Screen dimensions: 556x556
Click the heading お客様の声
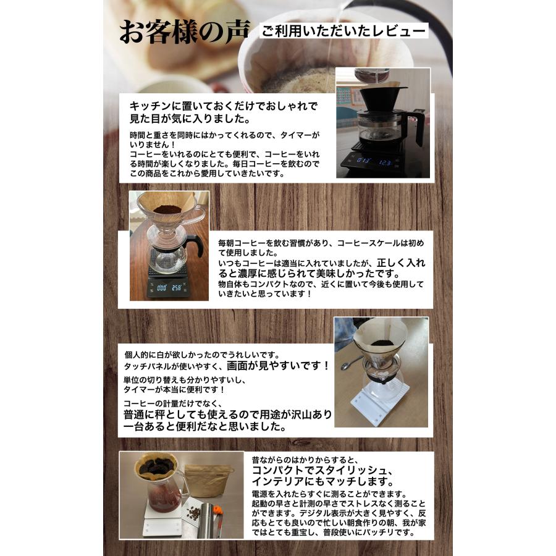(184, 33)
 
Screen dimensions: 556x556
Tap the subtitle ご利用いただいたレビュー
(344, 31)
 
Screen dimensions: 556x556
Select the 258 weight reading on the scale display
(177, 287)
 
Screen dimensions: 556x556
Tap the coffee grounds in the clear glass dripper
(167, 209)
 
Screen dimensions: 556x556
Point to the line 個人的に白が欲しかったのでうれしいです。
(202, 355)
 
